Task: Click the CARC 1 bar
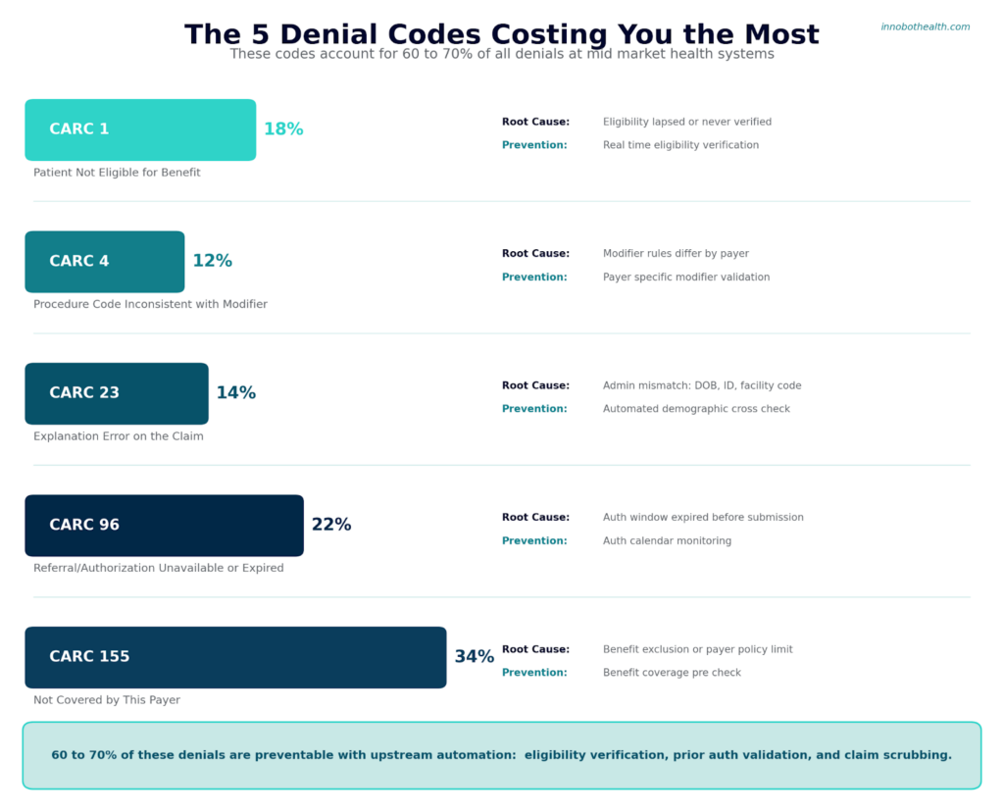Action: point(140,129)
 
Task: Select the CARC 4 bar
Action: point(105,262)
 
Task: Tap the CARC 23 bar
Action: point(117,393)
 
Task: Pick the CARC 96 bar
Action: point(164,526)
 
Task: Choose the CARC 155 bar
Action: point(235,657)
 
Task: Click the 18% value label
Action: point(283,129)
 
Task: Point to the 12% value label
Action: point(212,262)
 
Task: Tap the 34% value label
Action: point(474,657)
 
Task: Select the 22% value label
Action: point(331,526)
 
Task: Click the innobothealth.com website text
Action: point(925,27)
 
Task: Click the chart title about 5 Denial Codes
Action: point(501,34)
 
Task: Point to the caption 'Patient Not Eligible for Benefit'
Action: point(117,173)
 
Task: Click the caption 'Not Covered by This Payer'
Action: point(107,700)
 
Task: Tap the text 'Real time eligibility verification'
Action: point(680,145)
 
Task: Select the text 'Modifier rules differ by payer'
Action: point(676,254)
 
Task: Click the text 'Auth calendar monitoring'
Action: point(667,541)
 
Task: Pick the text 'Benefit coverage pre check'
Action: point(672,673)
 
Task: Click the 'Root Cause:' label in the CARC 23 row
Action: point(535,385)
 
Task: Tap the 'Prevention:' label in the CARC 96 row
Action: point(534,541)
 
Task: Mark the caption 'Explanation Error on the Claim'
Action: point(119,436)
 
